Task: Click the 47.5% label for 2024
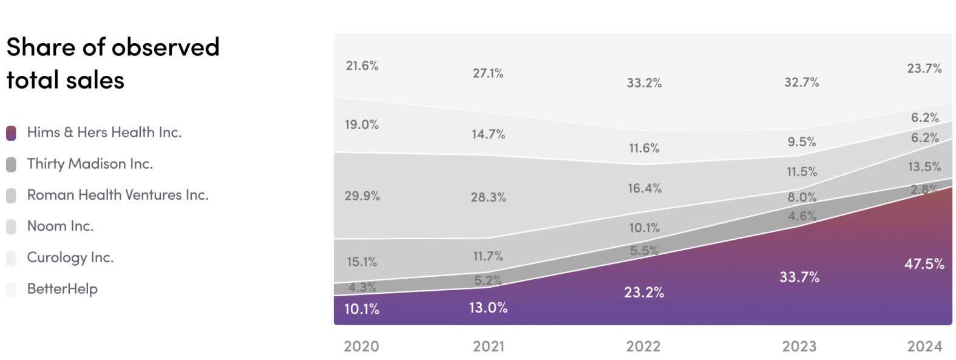pos(924,264)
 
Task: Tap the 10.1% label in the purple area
pos(362,309)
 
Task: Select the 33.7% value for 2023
pos(799,277)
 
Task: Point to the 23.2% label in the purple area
pos(644,293)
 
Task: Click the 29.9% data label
pos(362,196)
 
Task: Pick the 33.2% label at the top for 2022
pos(644,83)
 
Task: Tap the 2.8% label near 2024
pos(924,189)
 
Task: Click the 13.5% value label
pos(924,167)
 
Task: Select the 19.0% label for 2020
pos(362,124)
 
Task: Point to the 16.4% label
pos(644,188)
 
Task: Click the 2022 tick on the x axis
pos(643,347)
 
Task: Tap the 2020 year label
pos(361,347)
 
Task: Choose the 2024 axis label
pos(924,347)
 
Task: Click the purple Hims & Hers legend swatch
pos(11,133)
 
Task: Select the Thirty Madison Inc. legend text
pos(90,164)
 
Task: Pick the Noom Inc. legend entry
pos(60,226)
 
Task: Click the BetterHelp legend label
pos(62,289)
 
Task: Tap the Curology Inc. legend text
pos(70,257)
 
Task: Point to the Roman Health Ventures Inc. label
pos(118,195)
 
